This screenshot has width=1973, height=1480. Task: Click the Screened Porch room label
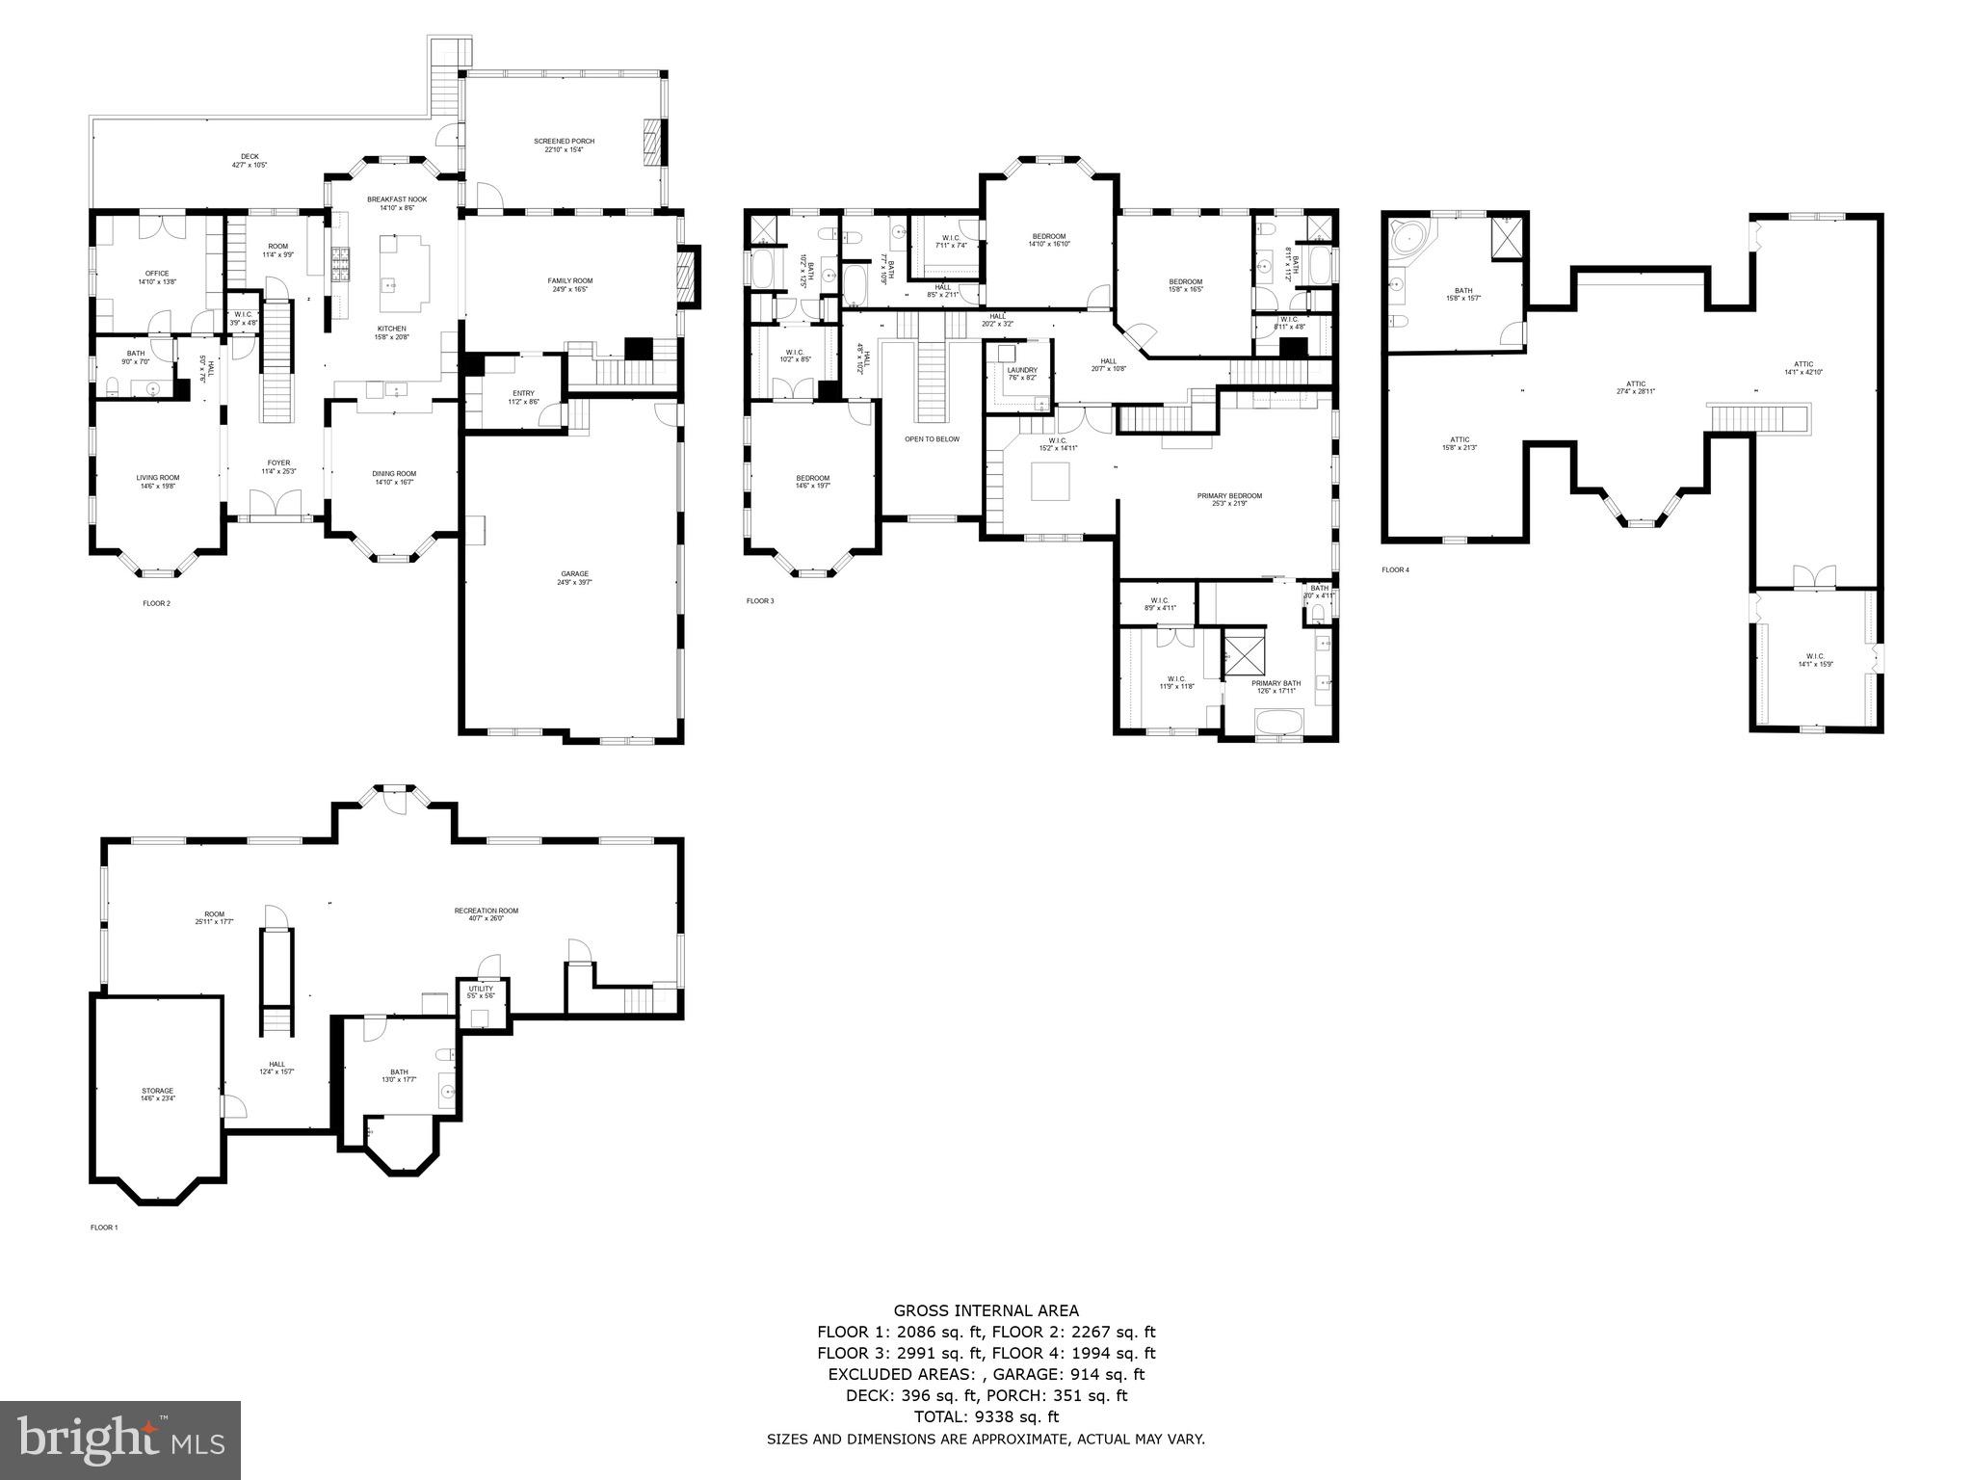pyautogui.click(x=564, y=142)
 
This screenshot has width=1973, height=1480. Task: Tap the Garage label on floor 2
pyautogui.click(x=572, y=574)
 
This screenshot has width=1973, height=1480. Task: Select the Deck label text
pyautogui.click(x=250, y=157)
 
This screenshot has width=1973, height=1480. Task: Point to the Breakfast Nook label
pyautogui.click(x=397, y=199)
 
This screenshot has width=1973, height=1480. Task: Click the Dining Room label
pyautogui.click(x=394, y=474)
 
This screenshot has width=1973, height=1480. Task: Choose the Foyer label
pyautogui.click(x=278, y=463)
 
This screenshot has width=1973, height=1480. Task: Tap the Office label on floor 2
pyautogui.click(x=157, y=274)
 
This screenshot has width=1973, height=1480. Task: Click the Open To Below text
pyautogui.click(x=932, y=439)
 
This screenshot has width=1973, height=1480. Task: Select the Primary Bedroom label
pyautogui.click(x=1229, y=496)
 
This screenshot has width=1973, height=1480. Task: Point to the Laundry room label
pyautogui.click(x=1022, y=370)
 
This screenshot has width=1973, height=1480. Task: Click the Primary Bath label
pyautogui.click(x=1276, y=683)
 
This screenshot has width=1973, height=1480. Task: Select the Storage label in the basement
pyautogui.click(x=158, y=1091)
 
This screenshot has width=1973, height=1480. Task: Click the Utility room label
pyautogui.click(x=481, y=989)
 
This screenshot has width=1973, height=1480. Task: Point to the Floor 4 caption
pyautogui.click(x=1395, y=569)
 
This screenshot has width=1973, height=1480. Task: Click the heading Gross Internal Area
pyautogui.click(x=986, y=1310)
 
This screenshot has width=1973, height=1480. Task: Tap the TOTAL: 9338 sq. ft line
pyautogui.click(x=986, y=1417)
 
